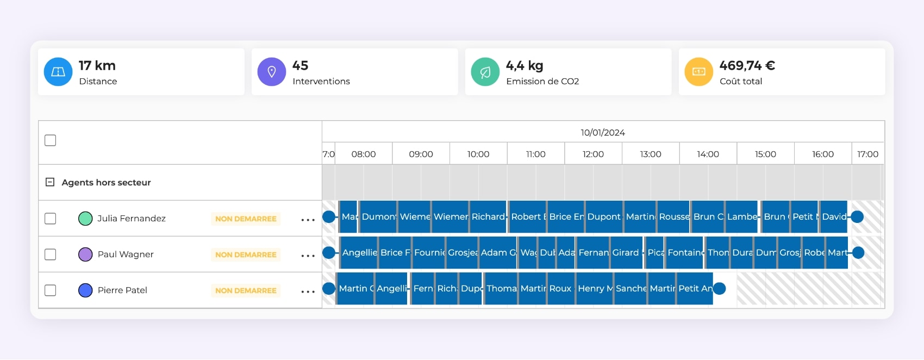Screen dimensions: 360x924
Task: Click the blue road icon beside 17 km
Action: pos(58,72)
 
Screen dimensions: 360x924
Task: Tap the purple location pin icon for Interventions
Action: pos(272,72)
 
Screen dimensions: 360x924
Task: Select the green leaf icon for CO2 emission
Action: pos(485,72)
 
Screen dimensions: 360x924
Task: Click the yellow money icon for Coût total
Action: pos(699,72)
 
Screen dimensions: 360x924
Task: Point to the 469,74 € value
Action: pos(747,66)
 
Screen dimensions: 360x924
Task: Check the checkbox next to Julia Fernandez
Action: pos(51,219)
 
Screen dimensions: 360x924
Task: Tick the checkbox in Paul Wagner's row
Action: pos(51,255)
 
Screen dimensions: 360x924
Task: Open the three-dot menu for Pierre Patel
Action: pos(308,291)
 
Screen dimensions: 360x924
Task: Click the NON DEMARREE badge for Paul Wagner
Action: pos(246,255)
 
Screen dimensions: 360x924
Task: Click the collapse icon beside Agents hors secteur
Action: pos(50,182)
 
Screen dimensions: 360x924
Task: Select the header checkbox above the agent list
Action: pos(51,140)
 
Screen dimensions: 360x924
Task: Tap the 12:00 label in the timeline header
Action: pos(593,154)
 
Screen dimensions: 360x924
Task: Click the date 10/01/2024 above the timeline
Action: pos(602,133)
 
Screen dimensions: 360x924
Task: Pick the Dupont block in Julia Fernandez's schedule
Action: pos(603,216)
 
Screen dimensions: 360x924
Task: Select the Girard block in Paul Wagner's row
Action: pos(626,252)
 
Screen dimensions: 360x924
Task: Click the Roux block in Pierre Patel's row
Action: pos(560,288)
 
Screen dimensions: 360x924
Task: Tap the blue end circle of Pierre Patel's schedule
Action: pos(719,288)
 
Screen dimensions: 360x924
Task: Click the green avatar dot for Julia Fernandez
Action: pos(85,219)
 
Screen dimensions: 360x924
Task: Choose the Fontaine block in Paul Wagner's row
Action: pos(685,252)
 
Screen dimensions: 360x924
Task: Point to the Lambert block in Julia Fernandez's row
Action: pos(741,216)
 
